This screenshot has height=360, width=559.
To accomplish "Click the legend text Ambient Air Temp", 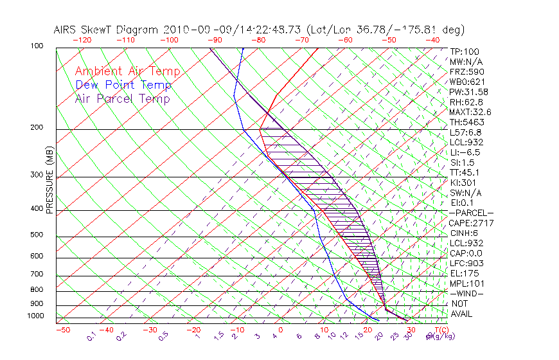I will (127, 72).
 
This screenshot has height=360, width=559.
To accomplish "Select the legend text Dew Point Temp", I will (123, 85).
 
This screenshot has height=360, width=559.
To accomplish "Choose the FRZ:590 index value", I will (464, 72).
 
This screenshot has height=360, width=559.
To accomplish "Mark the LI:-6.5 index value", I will (465, 152).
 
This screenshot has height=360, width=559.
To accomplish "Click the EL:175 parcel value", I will (463, 273).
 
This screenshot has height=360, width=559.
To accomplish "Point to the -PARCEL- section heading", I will (471, 213).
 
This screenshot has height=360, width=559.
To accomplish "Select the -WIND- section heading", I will (466, 293).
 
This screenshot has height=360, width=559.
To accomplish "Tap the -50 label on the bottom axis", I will (62, 330).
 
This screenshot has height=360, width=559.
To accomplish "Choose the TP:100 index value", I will (464, 52).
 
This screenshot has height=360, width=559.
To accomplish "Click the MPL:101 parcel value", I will (465, 283).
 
